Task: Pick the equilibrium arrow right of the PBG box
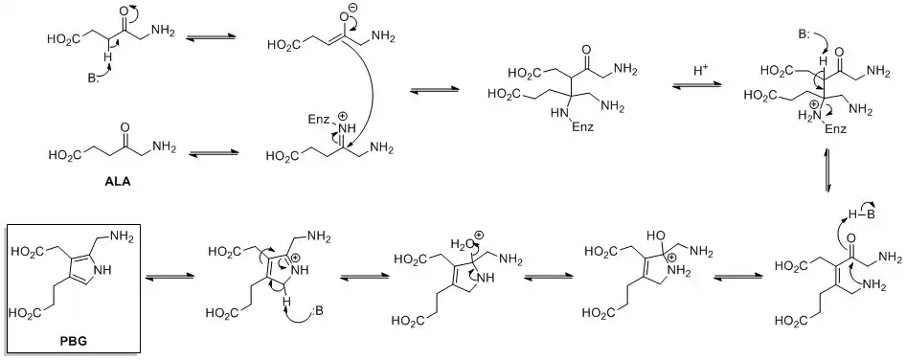(x=166, y=276)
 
